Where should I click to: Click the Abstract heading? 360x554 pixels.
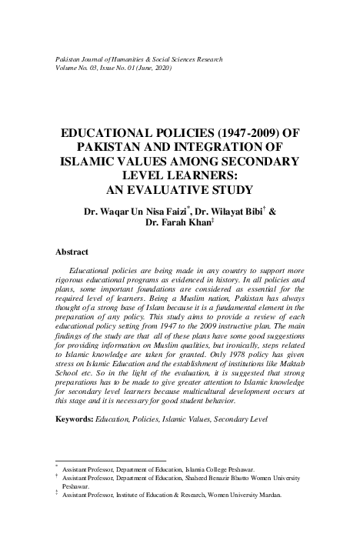(x=72, y=252)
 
